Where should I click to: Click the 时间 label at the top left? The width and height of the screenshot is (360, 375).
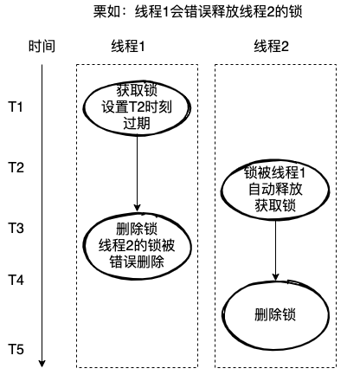(41, 46)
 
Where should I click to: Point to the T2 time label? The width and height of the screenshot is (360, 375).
(16, 167)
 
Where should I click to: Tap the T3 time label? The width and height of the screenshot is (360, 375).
(16, 228)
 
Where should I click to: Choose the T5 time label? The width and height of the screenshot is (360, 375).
(16, 349)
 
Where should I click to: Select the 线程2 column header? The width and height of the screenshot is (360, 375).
(274, 46)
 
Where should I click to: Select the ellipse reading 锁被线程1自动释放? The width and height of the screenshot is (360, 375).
(275, 188)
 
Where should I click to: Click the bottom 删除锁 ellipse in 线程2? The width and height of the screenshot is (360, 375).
(275, 313)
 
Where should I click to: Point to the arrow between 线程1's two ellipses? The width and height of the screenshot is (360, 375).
(138, 178)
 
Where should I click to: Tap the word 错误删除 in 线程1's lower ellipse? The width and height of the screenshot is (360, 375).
(138, 259)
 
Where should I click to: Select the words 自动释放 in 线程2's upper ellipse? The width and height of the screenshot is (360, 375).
(275, 188)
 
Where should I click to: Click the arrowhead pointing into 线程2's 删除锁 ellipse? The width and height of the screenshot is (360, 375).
(275, 278)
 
